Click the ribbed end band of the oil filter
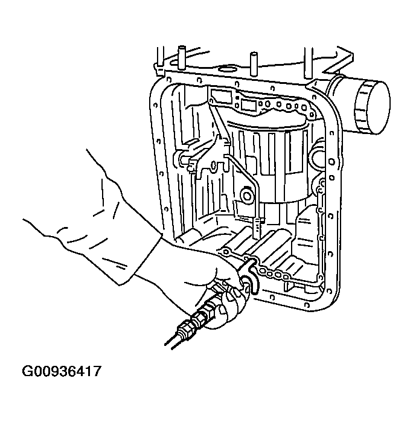[x=370, y=111]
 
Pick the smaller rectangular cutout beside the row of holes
[x=248, y=105]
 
